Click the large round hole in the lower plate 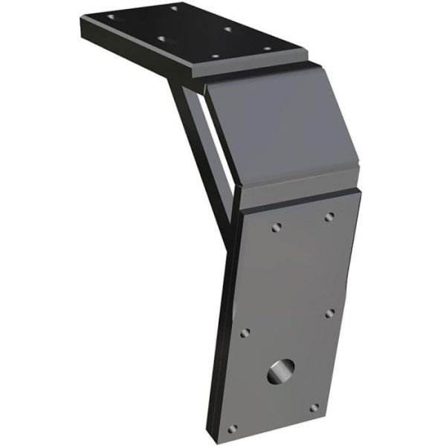(x=280, y=369)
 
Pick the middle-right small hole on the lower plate (x=330, y=314)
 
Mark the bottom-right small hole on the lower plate (x=314, y=407)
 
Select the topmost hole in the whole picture (x=173, y=8)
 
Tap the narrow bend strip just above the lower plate (x=297, y=195)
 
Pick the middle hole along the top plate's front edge (x=161, y=39)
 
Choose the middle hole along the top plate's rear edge (x=227, y=30)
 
